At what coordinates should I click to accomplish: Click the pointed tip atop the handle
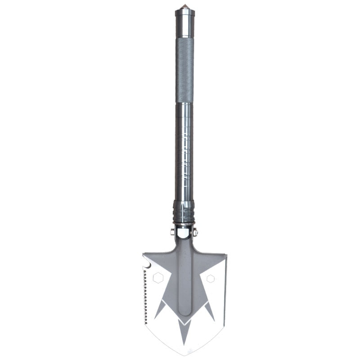coord(184,7)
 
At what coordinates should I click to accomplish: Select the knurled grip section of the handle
coord(184,70)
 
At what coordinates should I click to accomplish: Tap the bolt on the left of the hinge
coord(173,232)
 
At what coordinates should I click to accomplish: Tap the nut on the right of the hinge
coord(195,232)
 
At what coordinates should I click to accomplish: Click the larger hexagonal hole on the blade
coord(158,278)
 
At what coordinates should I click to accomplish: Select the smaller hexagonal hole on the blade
coord(210,279)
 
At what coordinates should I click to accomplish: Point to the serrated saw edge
coord(145,297)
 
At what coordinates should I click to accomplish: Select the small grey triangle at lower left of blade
coord(161,310)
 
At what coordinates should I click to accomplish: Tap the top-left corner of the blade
coord(144,253)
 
